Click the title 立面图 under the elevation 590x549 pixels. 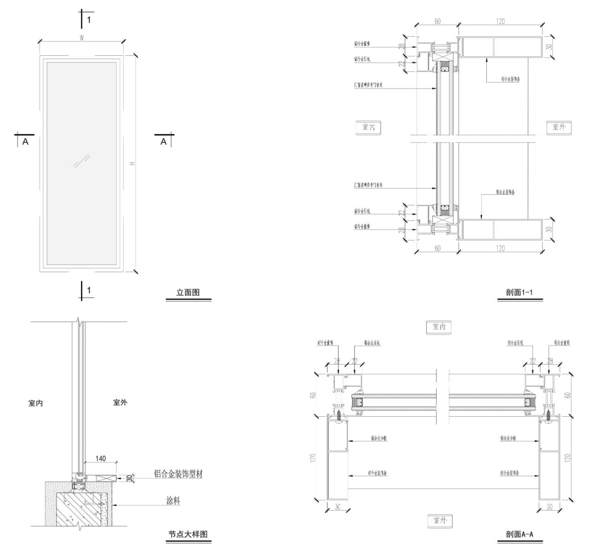[x=188, y=293]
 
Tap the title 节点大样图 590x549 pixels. [x=188, y=534]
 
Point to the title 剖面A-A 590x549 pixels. [x=519, y=534]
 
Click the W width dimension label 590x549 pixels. [x=82, y=38]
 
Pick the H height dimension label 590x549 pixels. [x=132, y=164]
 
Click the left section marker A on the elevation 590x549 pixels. [x=25, y=142]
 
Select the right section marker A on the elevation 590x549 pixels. [x=163, y=142]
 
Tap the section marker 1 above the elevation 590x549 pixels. [x=89, y=19]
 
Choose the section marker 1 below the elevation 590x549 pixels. [x=89, y=290]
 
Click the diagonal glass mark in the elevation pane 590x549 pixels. [x=81, y=161]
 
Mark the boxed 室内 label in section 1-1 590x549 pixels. [x=368, y=127]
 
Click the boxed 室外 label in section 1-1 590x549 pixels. [x=559, y=127]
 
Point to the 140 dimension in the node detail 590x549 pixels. [x=100, y=459]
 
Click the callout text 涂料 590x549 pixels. [x=173, y=501]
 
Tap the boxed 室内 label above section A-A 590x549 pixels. [x=439, y=327]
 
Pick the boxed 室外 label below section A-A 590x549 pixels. [x=440, y=520]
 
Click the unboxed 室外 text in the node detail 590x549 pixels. [x=120, y=402]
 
